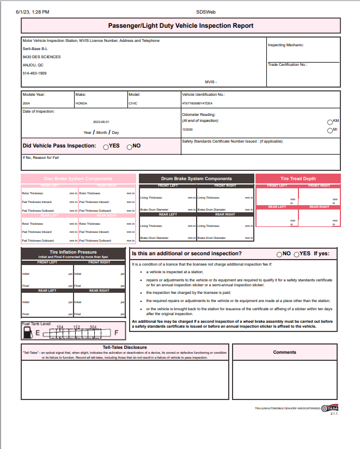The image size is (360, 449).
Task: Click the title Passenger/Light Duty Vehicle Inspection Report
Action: pyautogui.click(x=181, y=26)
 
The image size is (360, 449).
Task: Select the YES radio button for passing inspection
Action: pyautogui.click(x=106, y=146)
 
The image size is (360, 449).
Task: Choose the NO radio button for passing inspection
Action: pyautogui.click(x=129, y=146)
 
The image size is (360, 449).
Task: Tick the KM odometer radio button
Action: pyautogui.click(x=330, y=122)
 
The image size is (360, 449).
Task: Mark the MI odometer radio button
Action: pyautogui.click(x=330, y=131)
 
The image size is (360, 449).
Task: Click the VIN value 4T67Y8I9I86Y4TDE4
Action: pyautogui.click(x=197, y=103)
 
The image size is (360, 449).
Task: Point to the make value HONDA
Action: pyautogui.click(x=81, y=103)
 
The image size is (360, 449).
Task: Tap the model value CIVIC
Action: pyautogui.click(x=133, y=103)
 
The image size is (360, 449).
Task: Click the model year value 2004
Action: pyautogui.click(x=27, y=103)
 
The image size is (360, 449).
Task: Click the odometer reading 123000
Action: pyautogui.click(x=187, y=130)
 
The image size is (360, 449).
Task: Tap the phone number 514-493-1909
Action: pyautogui.click(x=34, y=73)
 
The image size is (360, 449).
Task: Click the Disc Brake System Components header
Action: pyautogui.click(x=78, y=179)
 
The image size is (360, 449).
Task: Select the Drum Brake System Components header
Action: pyautogui.click(x=196, y=179)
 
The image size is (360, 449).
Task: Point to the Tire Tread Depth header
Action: pyautogui.click(x=298, y=179)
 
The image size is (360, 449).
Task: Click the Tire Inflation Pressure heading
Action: pyautogui.click(x=73, y=253)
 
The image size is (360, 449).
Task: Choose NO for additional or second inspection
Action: pyautogui.click(x=279, y=254)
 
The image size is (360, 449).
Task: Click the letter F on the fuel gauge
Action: pyautogui.click(x=115, y=332)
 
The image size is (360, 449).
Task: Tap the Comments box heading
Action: pyautogui.click(x=285, y=352)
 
